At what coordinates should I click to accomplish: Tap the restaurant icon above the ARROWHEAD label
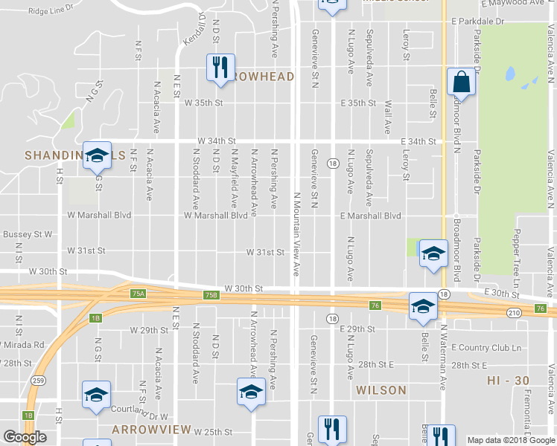tap(220, 68)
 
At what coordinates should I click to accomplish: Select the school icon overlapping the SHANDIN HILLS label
tap(97, 155)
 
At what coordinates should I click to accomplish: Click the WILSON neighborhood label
tap(381, 390)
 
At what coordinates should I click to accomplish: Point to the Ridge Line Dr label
tap(51, 11)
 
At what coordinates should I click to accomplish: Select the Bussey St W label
tap(28, 234)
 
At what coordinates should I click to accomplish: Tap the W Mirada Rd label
tap(24, 345)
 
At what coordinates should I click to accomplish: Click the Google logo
tap(25, 437)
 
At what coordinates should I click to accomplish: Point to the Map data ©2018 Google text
tap(510, 440)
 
